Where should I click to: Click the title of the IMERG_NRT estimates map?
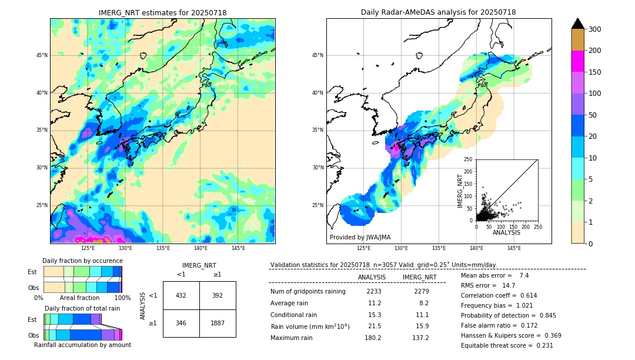162,12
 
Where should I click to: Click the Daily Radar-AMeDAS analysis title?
438,12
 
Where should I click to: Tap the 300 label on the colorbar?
595,29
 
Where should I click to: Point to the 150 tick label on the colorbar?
595,72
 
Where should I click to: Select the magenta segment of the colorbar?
577,61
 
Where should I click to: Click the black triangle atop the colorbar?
577,24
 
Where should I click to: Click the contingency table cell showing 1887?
218,323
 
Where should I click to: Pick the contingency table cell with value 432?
181,295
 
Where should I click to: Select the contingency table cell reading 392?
218,295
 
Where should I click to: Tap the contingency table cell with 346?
181,323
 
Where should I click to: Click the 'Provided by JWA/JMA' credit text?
360,237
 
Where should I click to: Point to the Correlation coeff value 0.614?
524,295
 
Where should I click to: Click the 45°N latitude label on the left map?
42,55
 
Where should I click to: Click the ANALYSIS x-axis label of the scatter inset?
506,232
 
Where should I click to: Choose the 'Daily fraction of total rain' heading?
82,308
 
